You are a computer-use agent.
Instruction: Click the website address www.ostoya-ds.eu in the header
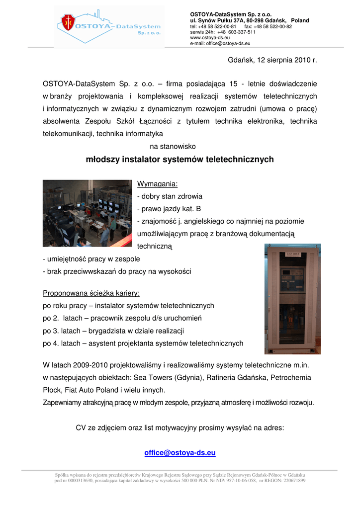[210, 37]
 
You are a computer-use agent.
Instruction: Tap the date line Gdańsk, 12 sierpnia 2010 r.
[272, 60]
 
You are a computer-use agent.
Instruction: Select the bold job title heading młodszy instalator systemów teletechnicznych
[180, 160]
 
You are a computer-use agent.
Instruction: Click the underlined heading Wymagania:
[150, 184]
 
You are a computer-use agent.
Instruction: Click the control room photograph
[87, 213]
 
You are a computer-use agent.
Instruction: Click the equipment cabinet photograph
[292, 299]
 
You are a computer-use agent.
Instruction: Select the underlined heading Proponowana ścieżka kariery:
[91, 293]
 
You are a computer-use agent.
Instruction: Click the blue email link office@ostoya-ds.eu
[180, 453]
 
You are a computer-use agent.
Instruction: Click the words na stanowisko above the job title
[173, 147]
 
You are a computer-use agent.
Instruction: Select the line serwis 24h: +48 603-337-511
[223, 32]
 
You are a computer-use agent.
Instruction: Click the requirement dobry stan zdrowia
[170, 196]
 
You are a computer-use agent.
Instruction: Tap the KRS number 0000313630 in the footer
[81, 481]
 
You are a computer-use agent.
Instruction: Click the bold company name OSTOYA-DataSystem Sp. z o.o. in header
[231, 14]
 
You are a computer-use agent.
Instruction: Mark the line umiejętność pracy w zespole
[91, 259]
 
